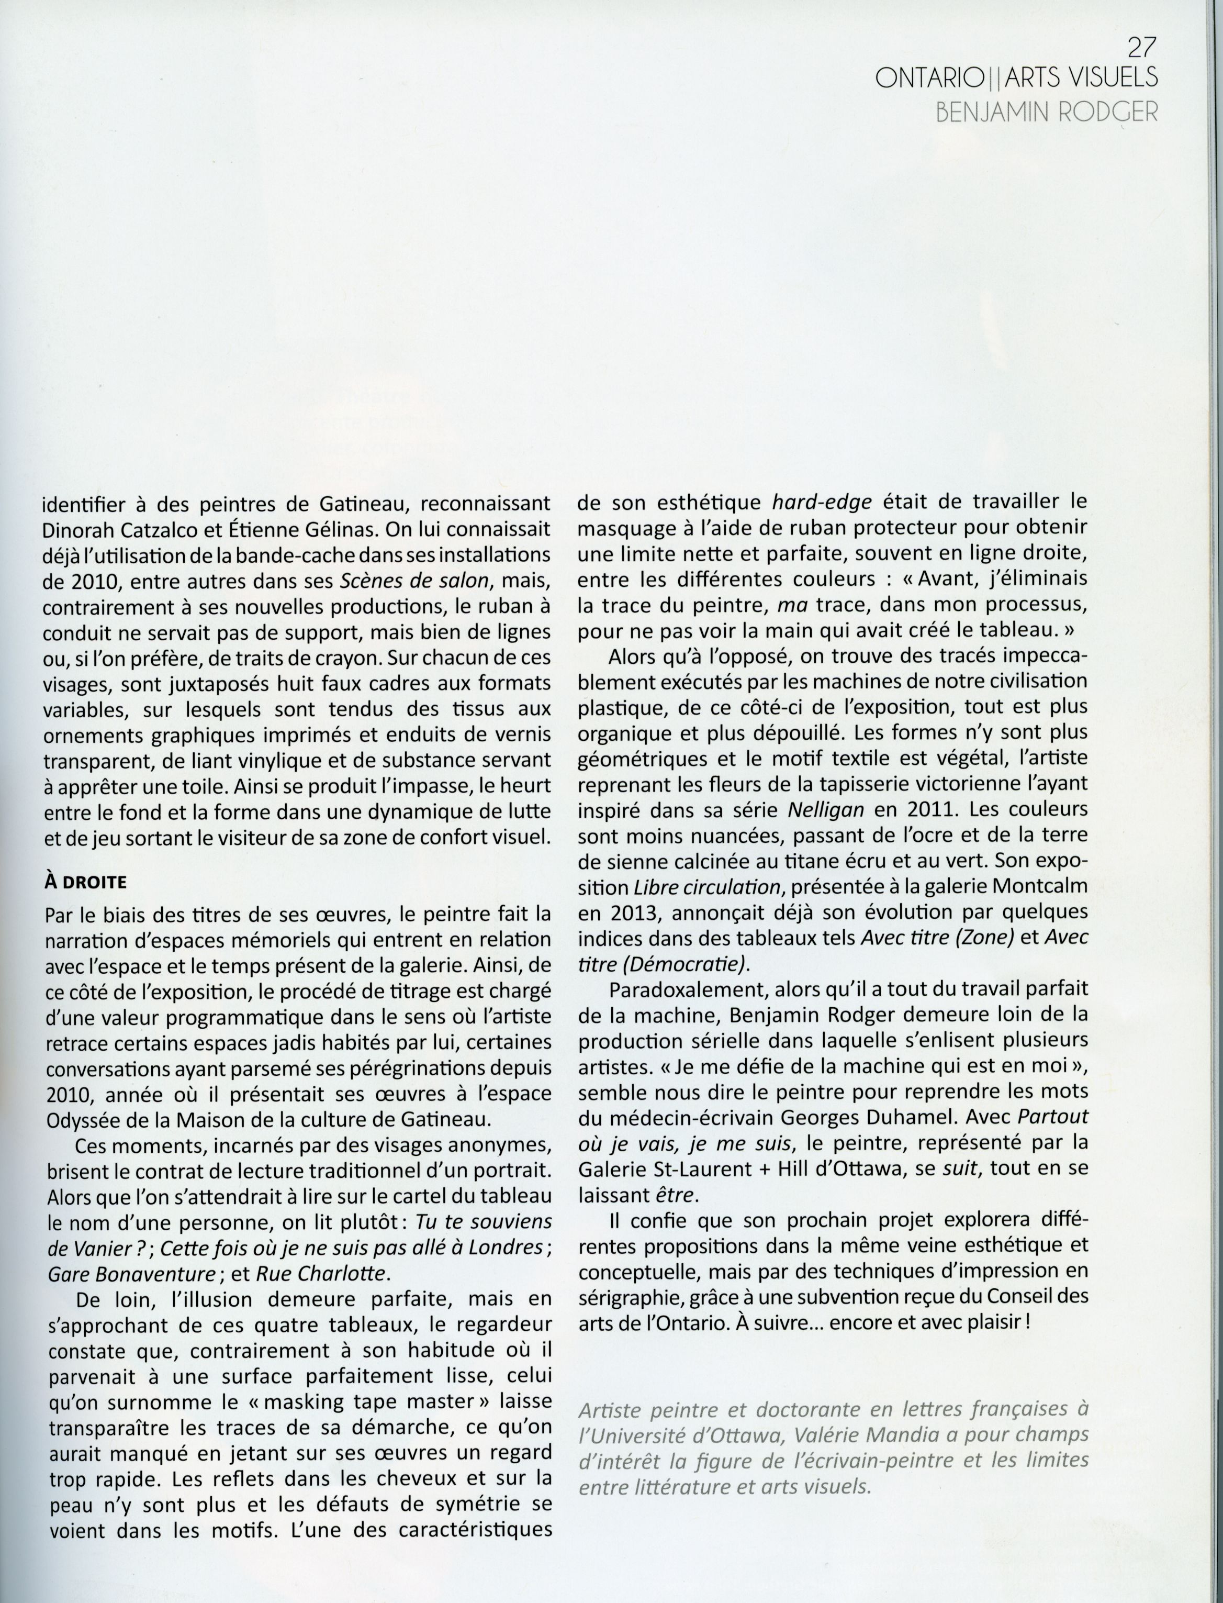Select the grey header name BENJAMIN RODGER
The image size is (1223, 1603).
1046,112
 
